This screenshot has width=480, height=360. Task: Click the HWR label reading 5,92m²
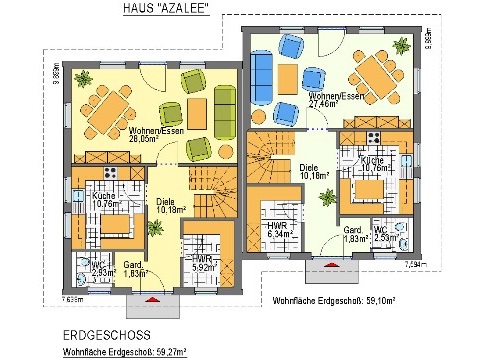point(204,263)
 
